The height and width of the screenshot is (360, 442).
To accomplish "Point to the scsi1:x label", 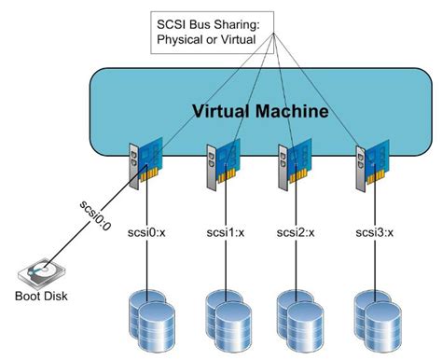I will pos(227,229).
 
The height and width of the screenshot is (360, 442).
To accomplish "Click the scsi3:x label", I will pos(374,229).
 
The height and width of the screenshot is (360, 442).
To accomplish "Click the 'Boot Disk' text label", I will pos(41,301).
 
